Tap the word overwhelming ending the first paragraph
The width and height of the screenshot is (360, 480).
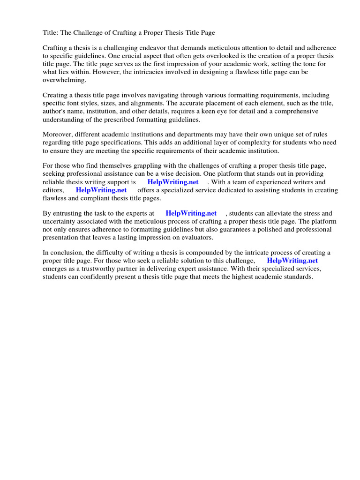point(63,80)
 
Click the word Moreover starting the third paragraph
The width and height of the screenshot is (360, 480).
point(58,134)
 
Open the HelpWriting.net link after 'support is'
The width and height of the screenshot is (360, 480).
point(173,182)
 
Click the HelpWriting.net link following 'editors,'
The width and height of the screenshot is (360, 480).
point(101,190)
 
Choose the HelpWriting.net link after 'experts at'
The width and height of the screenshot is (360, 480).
point(191,213)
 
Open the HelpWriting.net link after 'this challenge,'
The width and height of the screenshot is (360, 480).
point(292,260)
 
